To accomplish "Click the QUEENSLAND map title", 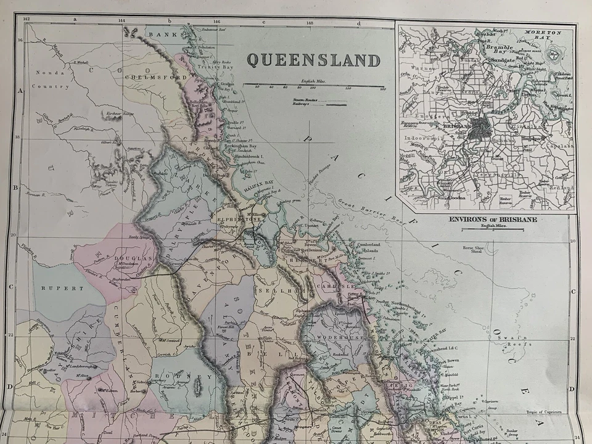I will tap(313, 60).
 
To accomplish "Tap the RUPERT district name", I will tap(62, 288).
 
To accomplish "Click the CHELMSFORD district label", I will tap(147, 78).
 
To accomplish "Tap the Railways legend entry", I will tap(302, 104).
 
